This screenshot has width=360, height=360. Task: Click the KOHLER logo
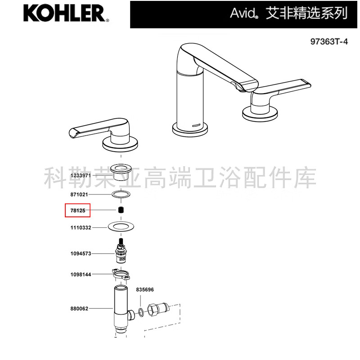[66, 13]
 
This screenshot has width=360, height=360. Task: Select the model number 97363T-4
[329, 41]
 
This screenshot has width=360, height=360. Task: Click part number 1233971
[81, 175]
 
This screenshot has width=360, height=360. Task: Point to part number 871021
[79, 194]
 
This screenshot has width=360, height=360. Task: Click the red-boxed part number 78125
[78, 211]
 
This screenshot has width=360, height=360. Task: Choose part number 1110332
[81, 228]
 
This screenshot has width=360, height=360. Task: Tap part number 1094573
[81, 253]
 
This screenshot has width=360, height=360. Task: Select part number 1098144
[81, 274]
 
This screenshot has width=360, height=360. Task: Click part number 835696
[145, 289]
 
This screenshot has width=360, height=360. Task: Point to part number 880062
[79, 309]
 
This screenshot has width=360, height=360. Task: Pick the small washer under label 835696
[141, 312]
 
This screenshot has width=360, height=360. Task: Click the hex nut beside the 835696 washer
[153, 310]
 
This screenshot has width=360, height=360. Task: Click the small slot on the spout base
[196, 126]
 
